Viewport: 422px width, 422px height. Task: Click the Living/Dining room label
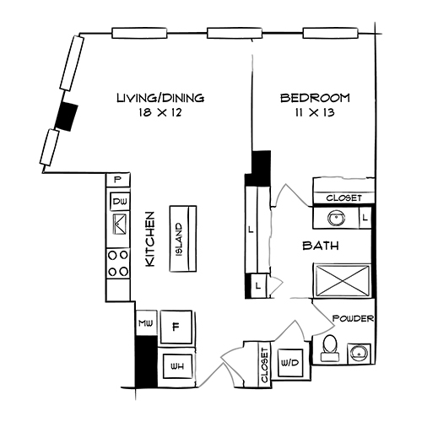[160, 98]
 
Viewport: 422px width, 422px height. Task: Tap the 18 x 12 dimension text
[160, 111]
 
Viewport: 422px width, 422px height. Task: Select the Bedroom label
[315, 98]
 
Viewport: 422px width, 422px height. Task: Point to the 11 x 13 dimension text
[315, 111]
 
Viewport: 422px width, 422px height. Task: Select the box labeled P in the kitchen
[117, 180]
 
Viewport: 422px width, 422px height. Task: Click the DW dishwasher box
[118, 202]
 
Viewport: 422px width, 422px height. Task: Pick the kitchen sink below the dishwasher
[118, 225]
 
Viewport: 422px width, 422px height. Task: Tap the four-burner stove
[118, 263]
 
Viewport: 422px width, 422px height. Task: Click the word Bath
[322, 246]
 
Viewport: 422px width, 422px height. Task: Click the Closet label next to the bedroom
[344, 197]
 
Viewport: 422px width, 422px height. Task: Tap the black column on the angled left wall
[67, 113]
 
